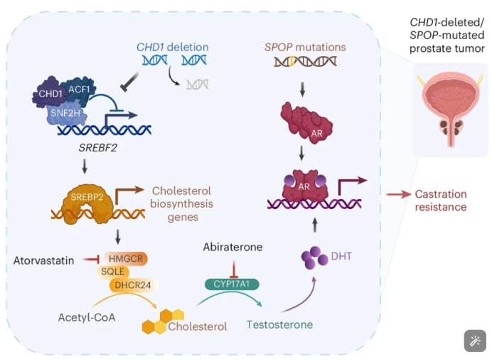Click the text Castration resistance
441,200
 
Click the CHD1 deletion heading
173,47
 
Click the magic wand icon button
473,341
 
